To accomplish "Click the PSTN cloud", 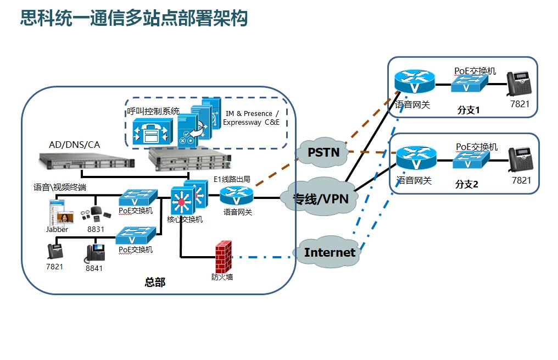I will (x=323, y=152).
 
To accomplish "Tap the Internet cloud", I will (x=330, y=252).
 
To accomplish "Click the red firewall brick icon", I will (x=222, y=256).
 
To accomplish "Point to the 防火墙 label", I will (x=222, y=277).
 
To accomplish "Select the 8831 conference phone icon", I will (x=95, y=215).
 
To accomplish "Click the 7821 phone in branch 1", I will (x=518, y=84).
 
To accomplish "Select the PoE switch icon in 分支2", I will (x=471, y=160).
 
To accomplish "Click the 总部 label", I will (x=155, y=283).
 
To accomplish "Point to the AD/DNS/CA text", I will (x=75, y=145).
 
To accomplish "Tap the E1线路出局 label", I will (x=232, y=179).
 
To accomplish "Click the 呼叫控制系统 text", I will (x=153, y=110).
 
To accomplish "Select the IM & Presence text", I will (x=248, y=113).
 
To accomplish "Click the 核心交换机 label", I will (x=185, y=219).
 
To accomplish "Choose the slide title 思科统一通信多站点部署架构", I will (x=134, y=18).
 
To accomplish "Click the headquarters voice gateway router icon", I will (x=237, y=196).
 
